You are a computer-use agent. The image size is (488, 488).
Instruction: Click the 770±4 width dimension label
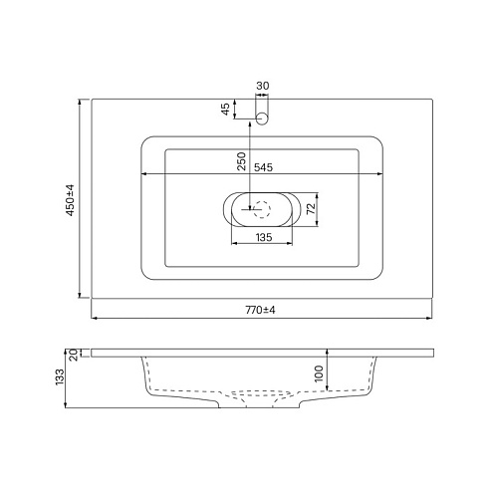click(261, 310)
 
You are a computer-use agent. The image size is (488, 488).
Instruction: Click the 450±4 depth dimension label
click(71, 200)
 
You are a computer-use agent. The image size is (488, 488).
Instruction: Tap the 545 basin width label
click(263, 167)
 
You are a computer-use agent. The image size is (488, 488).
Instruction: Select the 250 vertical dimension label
click(242, 161)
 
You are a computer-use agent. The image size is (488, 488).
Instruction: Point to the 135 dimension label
click(264, 237)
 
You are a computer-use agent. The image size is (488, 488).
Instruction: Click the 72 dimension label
click(311, 209)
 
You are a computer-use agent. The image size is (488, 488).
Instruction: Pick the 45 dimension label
click(225, 109)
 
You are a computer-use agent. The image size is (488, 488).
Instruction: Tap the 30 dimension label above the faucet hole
click(263, 86)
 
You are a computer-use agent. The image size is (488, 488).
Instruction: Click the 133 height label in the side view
click(60, 376)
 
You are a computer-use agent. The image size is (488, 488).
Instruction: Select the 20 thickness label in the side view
click(74, 355)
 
